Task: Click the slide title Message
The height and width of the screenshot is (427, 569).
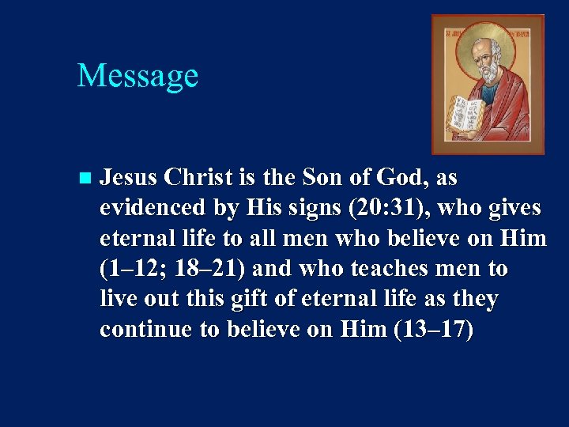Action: point(138,76)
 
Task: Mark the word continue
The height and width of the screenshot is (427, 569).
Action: point(145,329)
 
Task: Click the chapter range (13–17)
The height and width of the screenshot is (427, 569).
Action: point(433,329)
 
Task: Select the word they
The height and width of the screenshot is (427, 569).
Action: point(471,299)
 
